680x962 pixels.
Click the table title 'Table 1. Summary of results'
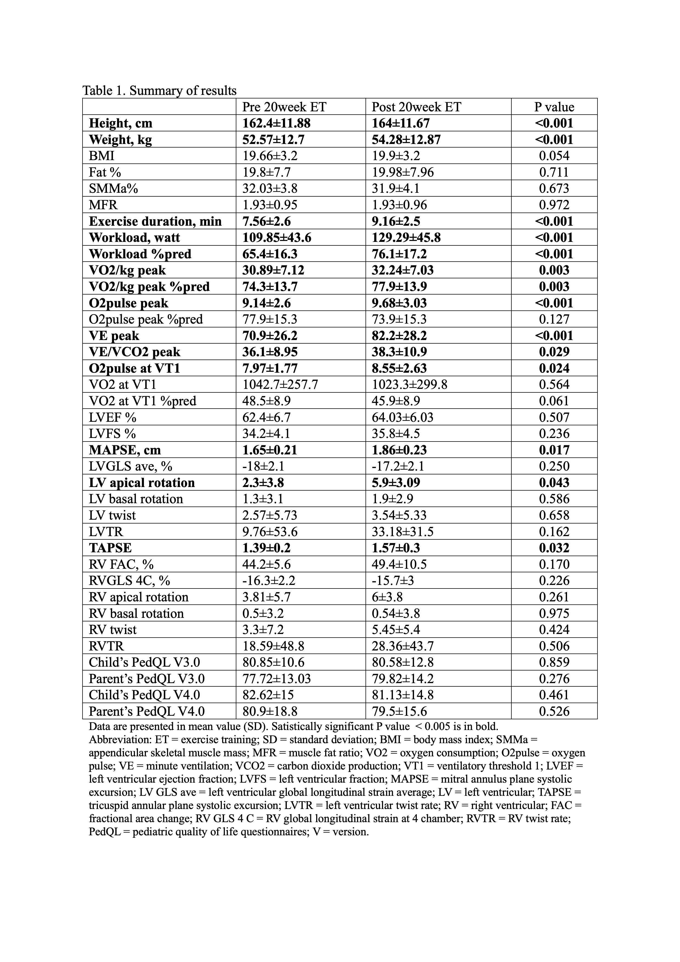click(x=159, y=90)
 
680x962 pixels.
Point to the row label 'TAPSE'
click(x=110, y=548)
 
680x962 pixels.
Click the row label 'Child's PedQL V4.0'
click(x=144, y=695)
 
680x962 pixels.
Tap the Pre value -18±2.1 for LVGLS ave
click(x=264, y=466)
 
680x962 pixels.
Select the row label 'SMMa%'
click(x=113, y=189)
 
